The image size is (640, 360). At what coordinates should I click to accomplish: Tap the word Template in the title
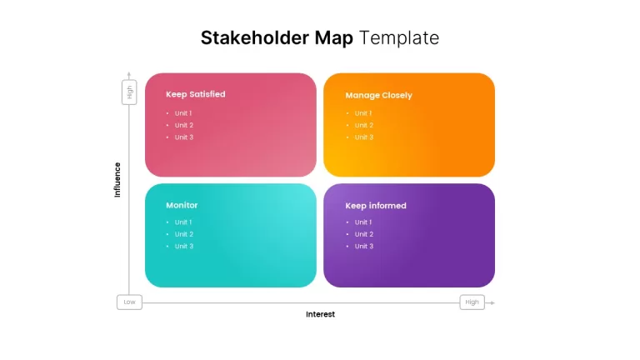click(399, 38)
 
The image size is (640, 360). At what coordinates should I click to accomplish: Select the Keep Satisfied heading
click(196, 94)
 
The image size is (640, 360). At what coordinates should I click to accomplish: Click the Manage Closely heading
click(379, 96)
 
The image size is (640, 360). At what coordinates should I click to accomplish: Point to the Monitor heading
click(182, 205)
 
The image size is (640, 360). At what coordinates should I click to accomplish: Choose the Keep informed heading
click(376, 206)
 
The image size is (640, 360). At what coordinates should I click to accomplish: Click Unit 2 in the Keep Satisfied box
click(184, 125)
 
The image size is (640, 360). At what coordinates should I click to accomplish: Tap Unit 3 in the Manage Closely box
click(364, 137)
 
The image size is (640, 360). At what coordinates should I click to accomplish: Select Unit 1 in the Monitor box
click(183, 222)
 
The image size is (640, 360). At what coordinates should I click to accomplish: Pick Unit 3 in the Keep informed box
click(364, 246)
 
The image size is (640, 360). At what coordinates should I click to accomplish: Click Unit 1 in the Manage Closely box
click(363, 113)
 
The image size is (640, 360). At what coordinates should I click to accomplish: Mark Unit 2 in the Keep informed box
click(364, 234)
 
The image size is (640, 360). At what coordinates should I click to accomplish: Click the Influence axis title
click(117, 180)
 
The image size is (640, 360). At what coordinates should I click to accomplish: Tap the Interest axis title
click(320, 314)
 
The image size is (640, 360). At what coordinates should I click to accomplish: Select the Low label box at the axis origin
click(129, 302)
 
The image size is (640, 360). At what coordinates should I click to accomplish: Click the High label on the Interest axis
click(472, 302)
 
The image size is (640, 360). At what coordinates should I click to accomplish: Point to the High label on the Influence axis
click(129, 92)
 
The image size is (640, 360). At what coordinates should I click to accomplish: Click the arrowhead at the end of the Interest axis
click(492, 302)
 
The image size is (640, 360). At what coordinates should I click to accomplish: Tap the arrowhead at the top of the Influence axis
click(129, 74)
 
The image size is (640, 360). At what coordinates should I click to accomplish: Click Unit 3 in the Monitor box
click(184, 246)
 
